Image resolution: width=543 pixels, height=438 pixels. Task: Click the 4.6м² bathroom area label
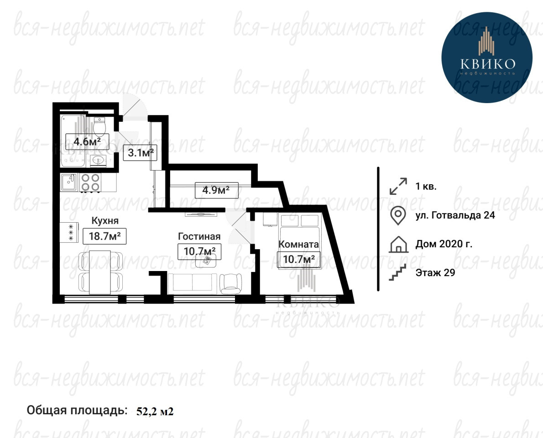87,141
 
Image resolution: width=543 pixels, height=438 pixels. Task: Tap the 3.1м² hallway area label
140,152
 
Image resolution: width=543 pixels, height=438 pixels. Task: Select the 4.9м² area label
216,190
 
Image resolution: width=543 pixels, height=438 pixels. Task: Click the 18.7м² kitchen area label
104,236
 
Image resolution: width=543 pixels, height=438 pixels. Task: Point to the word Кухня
105,220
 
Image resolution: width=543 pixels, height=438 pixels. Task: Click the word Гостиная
199,236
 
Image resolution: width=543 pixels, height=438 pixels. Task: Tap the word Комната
298,244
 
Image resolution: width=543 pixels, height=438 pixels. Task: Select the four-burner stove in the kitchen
90,182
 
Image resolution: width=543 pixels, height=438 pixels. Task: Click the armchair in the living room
231,284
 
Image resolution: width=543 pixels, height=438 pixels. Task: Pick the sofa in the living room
193,284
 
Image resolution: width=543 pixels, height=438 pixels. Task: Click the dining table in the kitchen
100,272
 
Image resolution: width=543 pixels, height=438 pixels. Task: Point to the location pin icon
398,215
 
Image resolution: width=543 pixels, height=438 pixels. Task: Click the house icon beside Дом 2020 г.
399,244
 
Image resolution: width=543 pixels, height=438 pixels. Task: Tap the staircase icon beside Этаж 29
397,272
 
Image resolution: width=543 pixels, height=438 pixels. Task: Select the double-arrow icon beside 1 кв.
398,186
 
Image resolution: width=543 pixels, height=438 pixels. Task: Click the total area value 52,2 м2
155,412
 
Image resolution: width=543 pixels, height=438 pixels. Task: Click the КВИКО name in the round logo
488,63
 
